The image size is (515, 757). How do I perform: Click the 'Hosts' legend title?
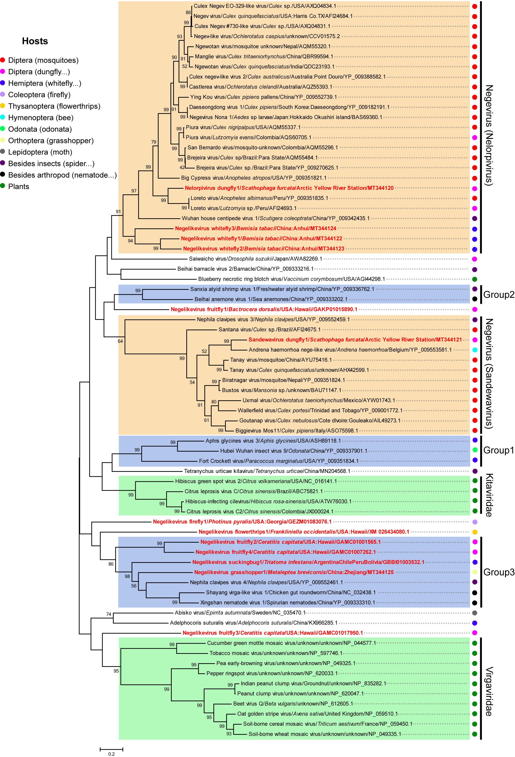[35, 41]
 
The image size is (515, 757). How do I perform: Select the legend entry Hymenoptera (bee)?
[41, 118]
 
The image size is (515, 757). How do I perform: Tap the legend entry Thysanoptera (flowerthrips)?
[54, 106]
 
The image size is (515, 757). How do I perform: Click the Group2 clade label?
[498, 294]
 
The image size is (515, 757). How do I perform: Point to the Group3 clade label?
[498, 572]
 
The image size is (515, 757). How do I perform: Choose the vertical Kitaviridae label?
[489, 495]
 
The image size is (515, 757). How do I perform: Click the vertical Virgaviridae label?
[489, 691]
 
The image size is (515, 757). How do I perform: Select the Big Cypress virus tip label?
[253, 178]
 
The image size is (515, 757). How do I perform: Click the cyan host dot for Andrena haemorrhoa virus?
[475, 350]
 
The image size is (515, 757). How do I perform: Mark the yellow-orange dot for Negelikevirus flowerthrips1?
[475, 532]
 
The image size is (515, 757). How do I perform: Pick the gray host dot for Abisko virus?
[475, 613]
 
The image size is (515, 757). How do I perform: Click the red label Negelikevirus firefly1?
[242, 521]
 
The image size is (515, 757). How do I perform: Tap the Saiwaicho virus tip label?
[255, 259]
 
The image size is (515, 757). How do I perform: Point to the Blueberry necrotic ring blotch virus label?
[291, 279]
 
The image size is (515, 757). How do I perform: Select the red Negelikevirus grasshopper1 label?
[293, 572]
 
